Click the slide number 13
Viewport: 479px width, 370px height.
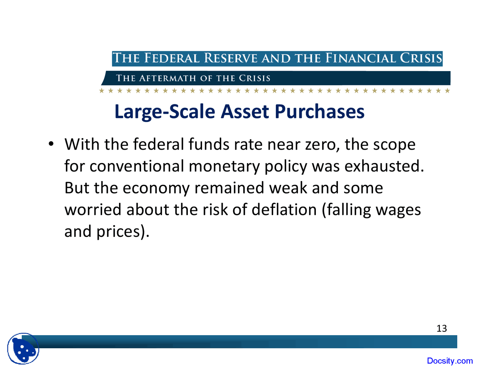pos(442,328)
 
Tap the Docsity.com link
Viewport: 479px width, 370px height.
pos(450,361)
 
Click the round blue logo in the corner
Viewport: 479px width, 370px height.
pos(23,349)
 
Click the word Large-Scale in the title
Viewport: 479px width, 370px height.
pos(165,111)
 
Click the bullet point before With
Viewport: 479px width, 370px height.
pos(52,144)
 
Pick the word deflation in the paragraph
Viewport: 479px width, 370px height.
pos(284,210)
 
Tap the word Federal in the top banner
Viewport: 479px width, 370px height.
pos(172,58)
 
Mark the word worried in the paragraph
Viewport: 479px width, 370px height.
pos(93,210)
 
